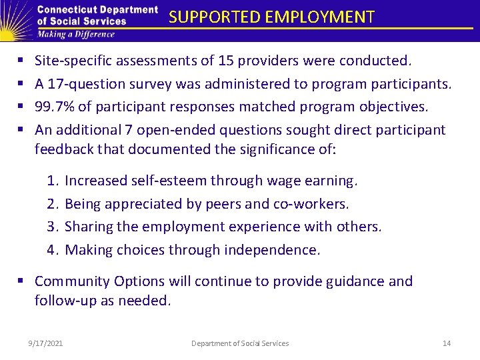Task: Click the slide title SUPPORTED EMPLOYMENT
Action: pyautogui.click(x=271, y=17)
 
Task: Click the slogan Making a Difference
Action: pyautogui.click(x=76, y=34)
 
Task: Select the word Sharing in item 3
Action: pyautogui.click(x=89, y=227)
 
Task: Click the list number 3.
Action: pyautogui.click(x=52, y=227)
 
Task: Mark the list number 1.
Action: pyautogui.click(x=52, y=181)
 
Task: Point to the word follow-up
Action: pyautogui.click(x=64, y=301)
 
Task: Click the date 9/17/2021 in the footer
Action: pyautogui.click(x=46, y=343)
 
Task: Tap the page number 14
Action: pyautogui.click(x=447, y=343)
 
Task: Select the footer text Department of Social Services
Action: pyautogui.click(x=240, y=343)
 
